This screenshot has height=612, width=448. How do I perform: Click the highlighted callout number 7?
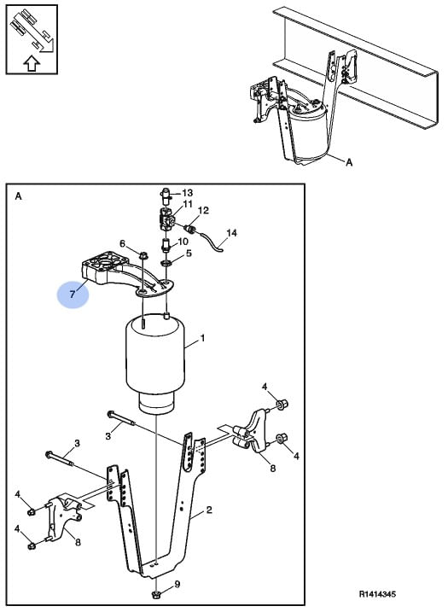(73, 294)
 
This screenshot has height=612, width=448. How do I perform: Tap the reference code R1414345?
(377, 594)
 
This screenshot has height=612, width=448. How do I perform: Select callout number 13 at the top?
(188, 193)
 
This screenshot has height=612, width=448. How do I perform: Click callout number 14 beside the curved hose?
(231, 233)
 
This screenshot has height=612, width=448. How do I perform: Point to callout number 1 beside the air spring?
(202, 338)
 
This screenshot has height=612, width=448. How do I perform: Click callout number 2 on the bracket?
(209, 510)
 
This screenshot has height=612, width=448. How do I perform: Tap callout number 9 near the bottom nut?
(177, 585)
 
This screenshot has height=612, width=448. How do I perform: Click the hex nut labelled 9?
(155, 595)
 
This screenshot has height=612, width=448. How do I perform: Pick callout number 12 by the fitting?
(203, 210)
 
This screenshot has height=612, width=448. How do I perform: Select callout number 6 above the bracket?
(122, 244)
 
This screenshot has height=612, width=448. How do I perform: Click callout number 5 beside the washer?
(189, 254)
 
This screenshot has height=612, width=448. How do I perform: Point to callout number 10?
(183, 242)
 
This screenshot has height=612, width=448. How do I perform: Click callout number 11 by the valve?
(188, 204)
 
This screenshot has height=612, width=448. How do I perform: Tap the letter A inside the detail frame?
(18, 196)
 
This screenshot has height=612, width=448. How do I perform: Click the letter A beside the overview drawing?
(349, 162)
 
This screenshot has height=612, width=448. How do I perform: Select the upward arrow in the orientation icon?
(32, 63)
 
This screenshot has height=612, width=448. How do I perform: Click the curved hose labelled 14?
(212, 241)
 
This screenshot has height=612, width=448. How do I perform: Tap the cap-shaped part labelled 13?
(166, 195)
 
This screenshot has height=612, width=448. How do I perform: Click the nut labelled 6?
(143, 256)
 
